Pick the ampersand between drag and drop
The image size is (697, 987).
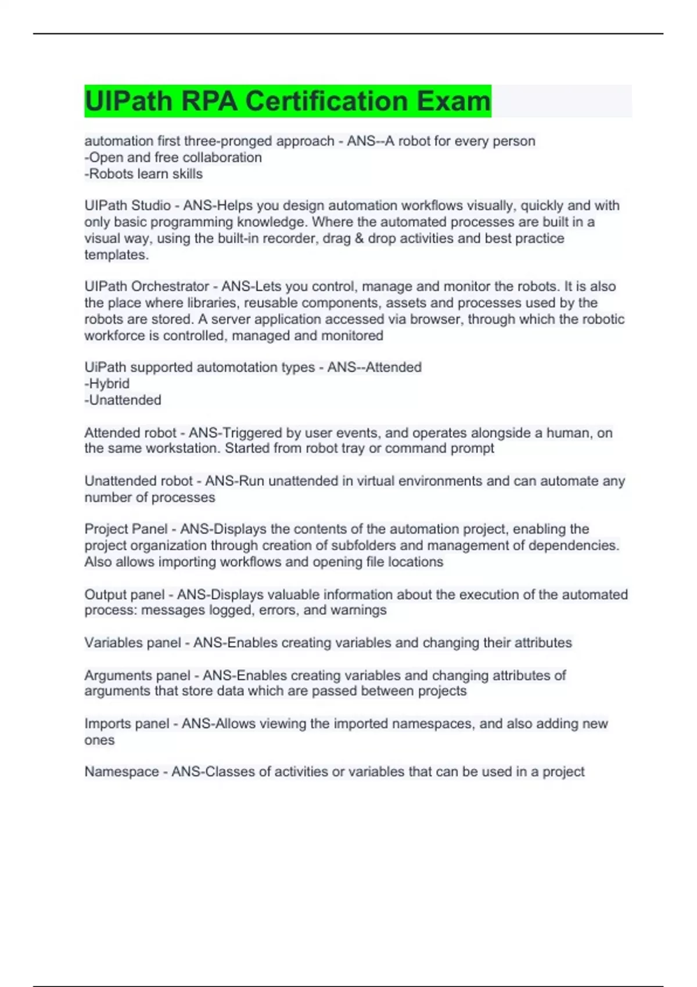click(x=358, y=238)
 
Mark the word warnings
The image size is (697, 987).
click(x=358, y=610)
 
